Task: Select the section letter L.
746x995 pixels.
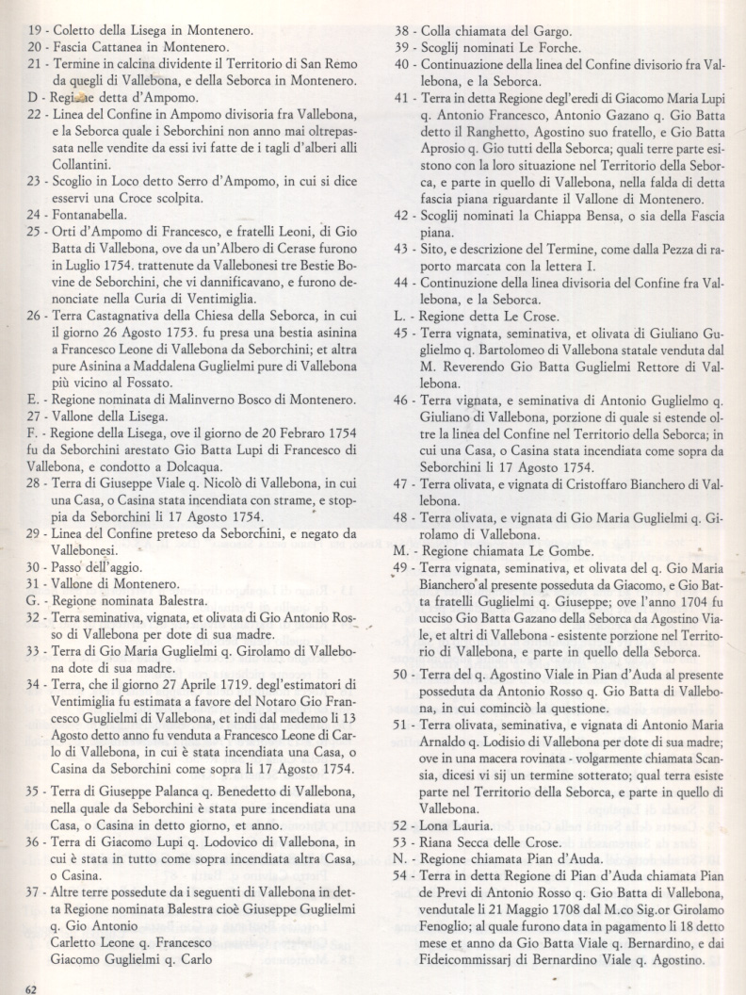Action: [399, 316]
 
